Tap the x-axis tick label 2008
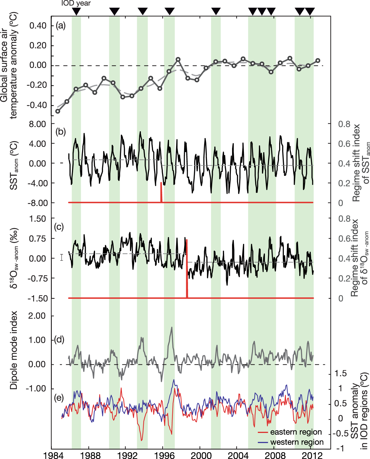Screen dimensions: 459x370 click(x=275, y=455)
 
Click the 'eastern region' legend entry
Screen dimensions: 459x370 click(x=296, y=432)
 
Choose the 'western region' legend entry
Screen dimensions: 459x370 click(x=297, y=442)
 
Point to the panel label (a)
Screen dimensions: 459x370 click(x=61, y=26)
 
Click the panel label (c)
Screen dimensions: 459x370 click(x=59, y=227)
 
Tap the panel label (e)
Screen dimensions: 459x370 click(x=59, y=398)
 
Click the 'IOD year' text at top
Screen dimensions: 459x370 click(x=76, y=4)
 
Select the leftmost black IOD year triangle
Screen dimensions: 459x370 click(x=76, y=12)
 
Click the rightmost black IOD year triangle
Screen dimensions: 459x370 click(x=310, y=12)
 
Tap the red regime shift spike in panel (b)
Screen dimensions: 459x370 click(x=161, y=192)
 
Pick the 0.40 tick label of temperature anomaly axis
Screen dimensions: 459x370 click(x=38, y=26)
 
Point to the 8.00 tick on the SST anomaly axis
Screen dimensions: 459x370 click(x=37, y=124)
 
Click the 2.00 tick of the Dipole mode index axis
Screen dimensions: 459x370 click(x=37, y=316)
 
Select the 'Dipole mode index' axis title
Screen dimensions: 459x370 click(x=14, y=350)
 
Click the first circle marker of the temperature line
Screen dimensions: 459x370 click(x=58, y=111)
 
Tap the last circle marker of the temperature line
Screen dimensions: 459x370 click(x=318, y=60)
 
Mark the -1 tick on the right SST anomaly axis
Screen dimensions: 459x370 click(x=340, y=448)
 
